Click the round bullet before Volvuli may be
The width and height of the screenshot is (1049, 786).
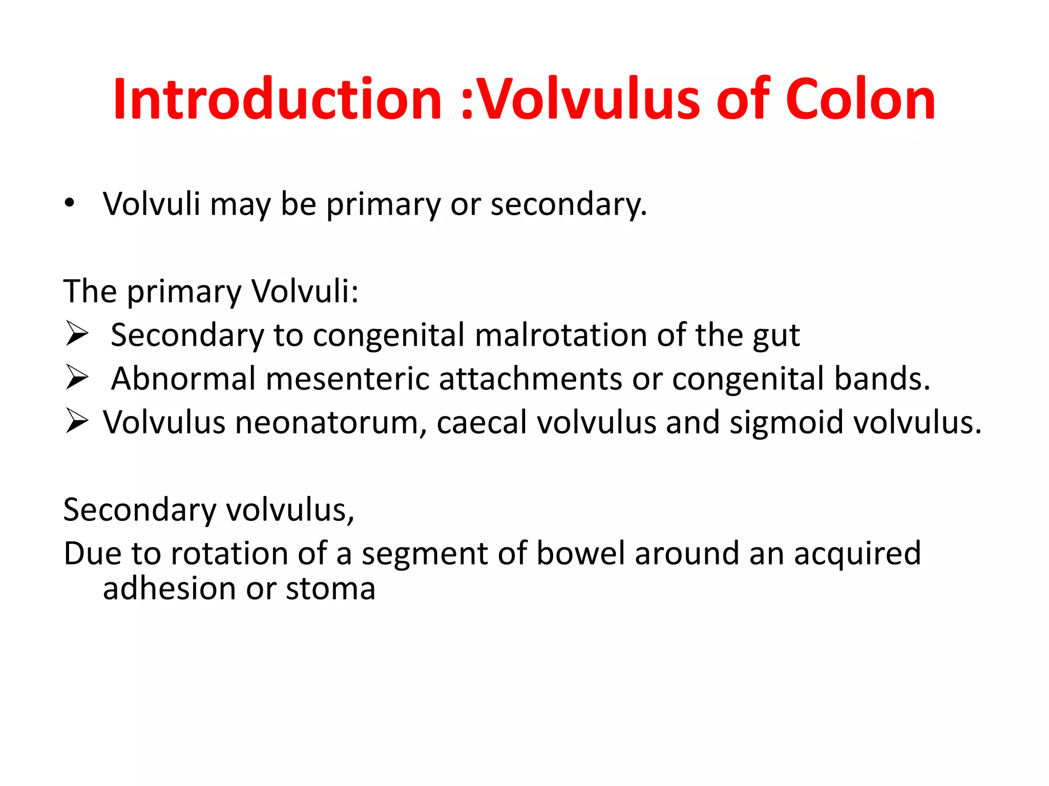(x=70, y=203)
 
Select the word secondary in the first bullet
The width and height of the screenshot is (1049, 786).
(x=568, y=204)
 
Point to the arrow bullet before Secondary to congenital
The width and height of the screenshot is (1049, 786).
(x=77, y=335)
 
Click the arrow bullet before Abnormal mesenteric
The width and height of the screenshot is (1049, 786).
(x=77, y=378)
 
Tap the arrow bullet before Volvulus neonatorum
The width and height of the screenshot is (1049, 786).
(x=77, y=422)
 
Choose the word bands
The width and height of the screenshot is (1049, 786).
(x=882, y=379)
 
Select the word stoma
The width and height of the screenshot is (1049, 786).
(x=331, y=589)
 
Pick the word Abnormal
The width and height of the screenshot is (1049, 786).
(x=183, y=379)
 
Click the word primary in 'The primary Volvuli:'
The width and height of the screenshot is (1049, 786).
(x=184, y=292)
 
